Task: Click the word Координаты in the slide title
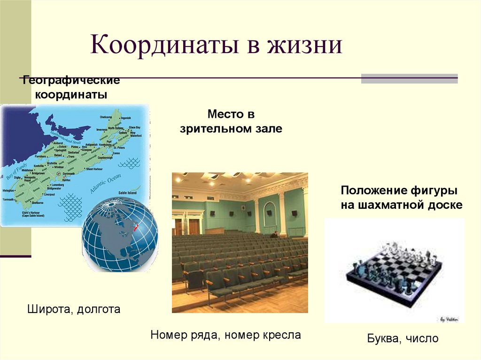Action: click(160, 47)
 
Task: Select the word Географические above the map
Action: click(70, 81)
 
